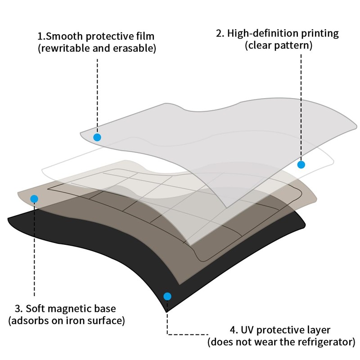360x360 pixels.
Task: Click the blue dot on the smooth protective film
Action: (97, 137)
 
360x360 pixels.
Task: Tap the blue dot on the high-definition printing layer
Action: (301, 165)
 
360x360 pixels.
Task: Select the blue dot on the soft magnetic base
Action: (34, 198)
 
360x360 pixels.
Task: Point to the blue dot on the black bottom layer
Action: (167, 296)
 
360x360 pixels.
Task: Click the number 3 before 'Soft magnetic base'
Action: (18, 309)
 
